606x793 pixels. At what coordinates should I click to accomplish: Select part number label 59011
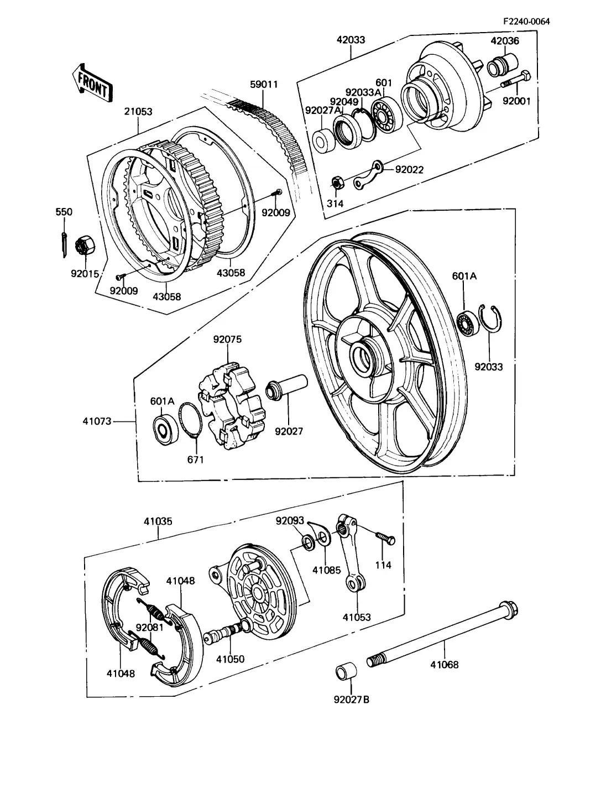[x=263, y=85]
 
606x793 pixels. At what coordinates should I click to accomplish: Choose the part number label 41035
[x=158, y=521]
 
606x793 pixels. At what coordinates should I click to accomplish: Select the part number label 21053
[x=138, y=112]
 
